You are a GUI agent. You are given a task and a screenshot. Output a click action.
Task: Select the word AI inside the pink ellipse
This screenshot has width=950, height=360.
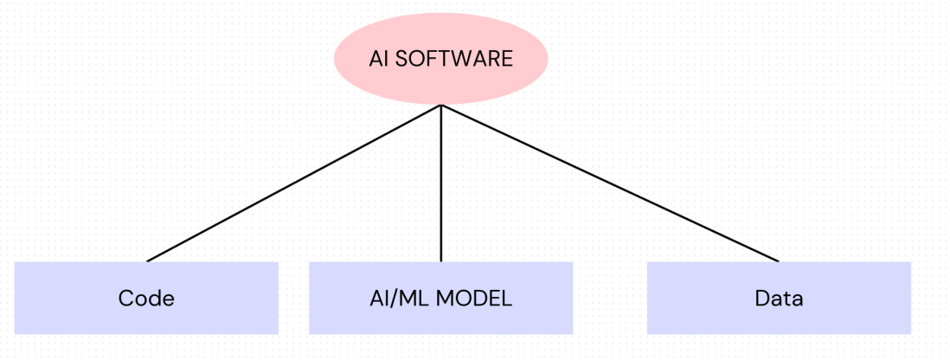377,59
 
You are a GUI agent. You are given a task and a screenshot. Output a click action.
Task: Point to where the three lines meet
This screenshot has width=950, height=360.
441,106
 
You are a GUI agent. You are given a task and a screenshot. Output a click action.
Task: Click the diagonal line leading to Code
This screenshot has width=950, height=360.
294,183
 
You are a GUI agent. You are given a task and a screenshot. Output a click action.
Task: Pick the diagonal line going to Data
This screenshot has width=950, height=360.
610,183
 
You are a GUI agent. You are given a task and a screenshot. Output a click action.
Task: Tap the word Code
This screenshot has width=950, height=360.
146,299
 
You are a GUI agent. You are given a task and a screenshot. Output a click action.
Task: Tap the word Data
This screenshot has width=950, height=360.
779,299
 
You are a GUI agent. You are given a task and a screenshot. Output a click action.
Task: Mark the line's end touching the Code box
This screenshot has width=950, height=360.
148,260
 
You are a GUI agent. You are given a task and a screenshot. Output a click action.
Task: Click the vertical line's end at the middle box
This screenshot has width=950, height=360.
441,260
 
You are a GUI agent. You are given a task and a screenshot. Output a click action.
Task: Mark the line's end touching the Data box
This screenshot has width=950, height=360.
778,260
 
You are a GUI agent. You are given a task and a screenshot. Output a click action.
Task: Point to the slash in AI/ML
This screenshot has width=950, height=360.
396,299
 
